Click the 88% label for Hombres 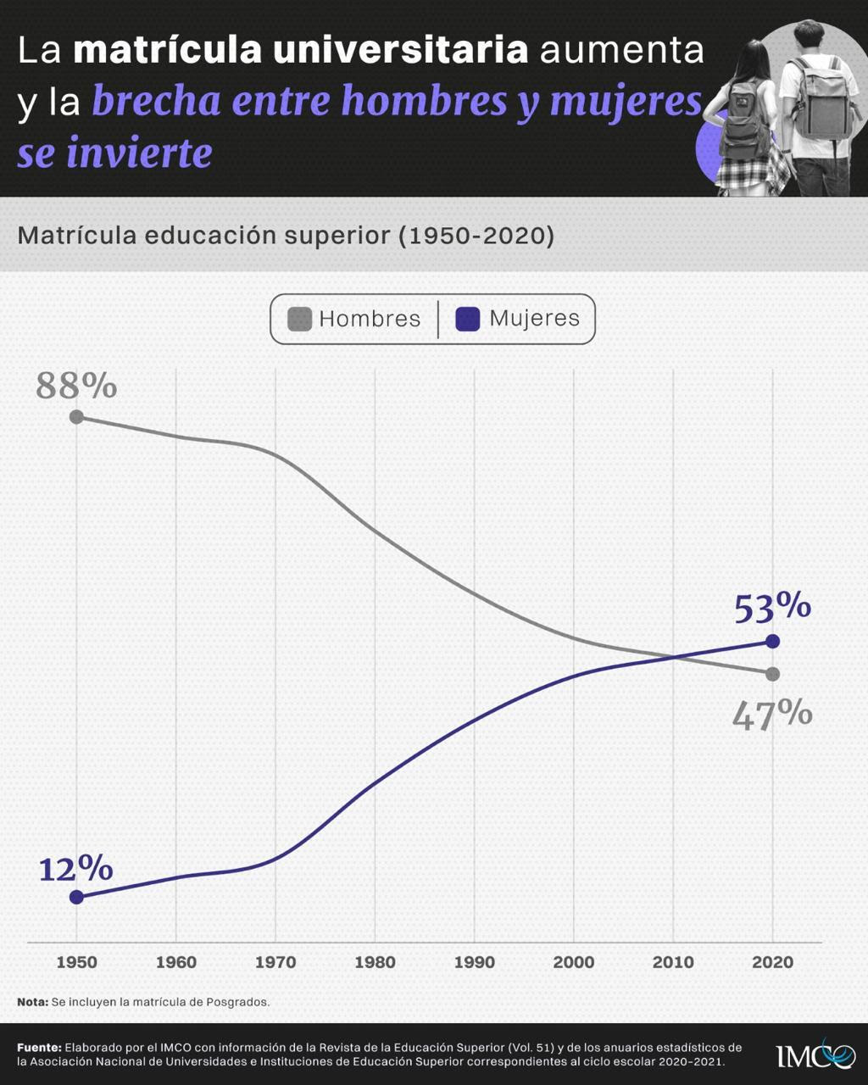tap(76, 386)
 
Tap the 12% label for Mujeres tap(75, 869)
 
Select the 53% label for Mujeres tap(772, 607)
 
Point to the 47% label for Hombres tap(772, 715)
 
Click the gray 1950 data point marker tap(76, 416)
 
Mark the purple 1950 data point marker tap(76, 897)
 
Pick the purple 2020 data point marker tap(772, 642)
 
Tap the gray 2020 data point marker tap(772, 674)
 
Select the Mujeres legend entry tap(518, 319)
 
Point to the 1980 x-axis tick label tap(375, 962)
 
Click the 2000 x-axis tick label tap(574, 962)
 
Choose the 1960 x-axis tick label tap(175, 962)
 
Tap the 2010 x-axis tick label tap(673, 962)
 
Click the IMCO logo tap(804, 1055)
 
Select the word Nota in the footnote tap(32, 1002)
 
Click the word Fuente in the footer tap(39, 1048)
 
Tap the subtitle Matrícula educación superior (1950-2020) tap(286, 235)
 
